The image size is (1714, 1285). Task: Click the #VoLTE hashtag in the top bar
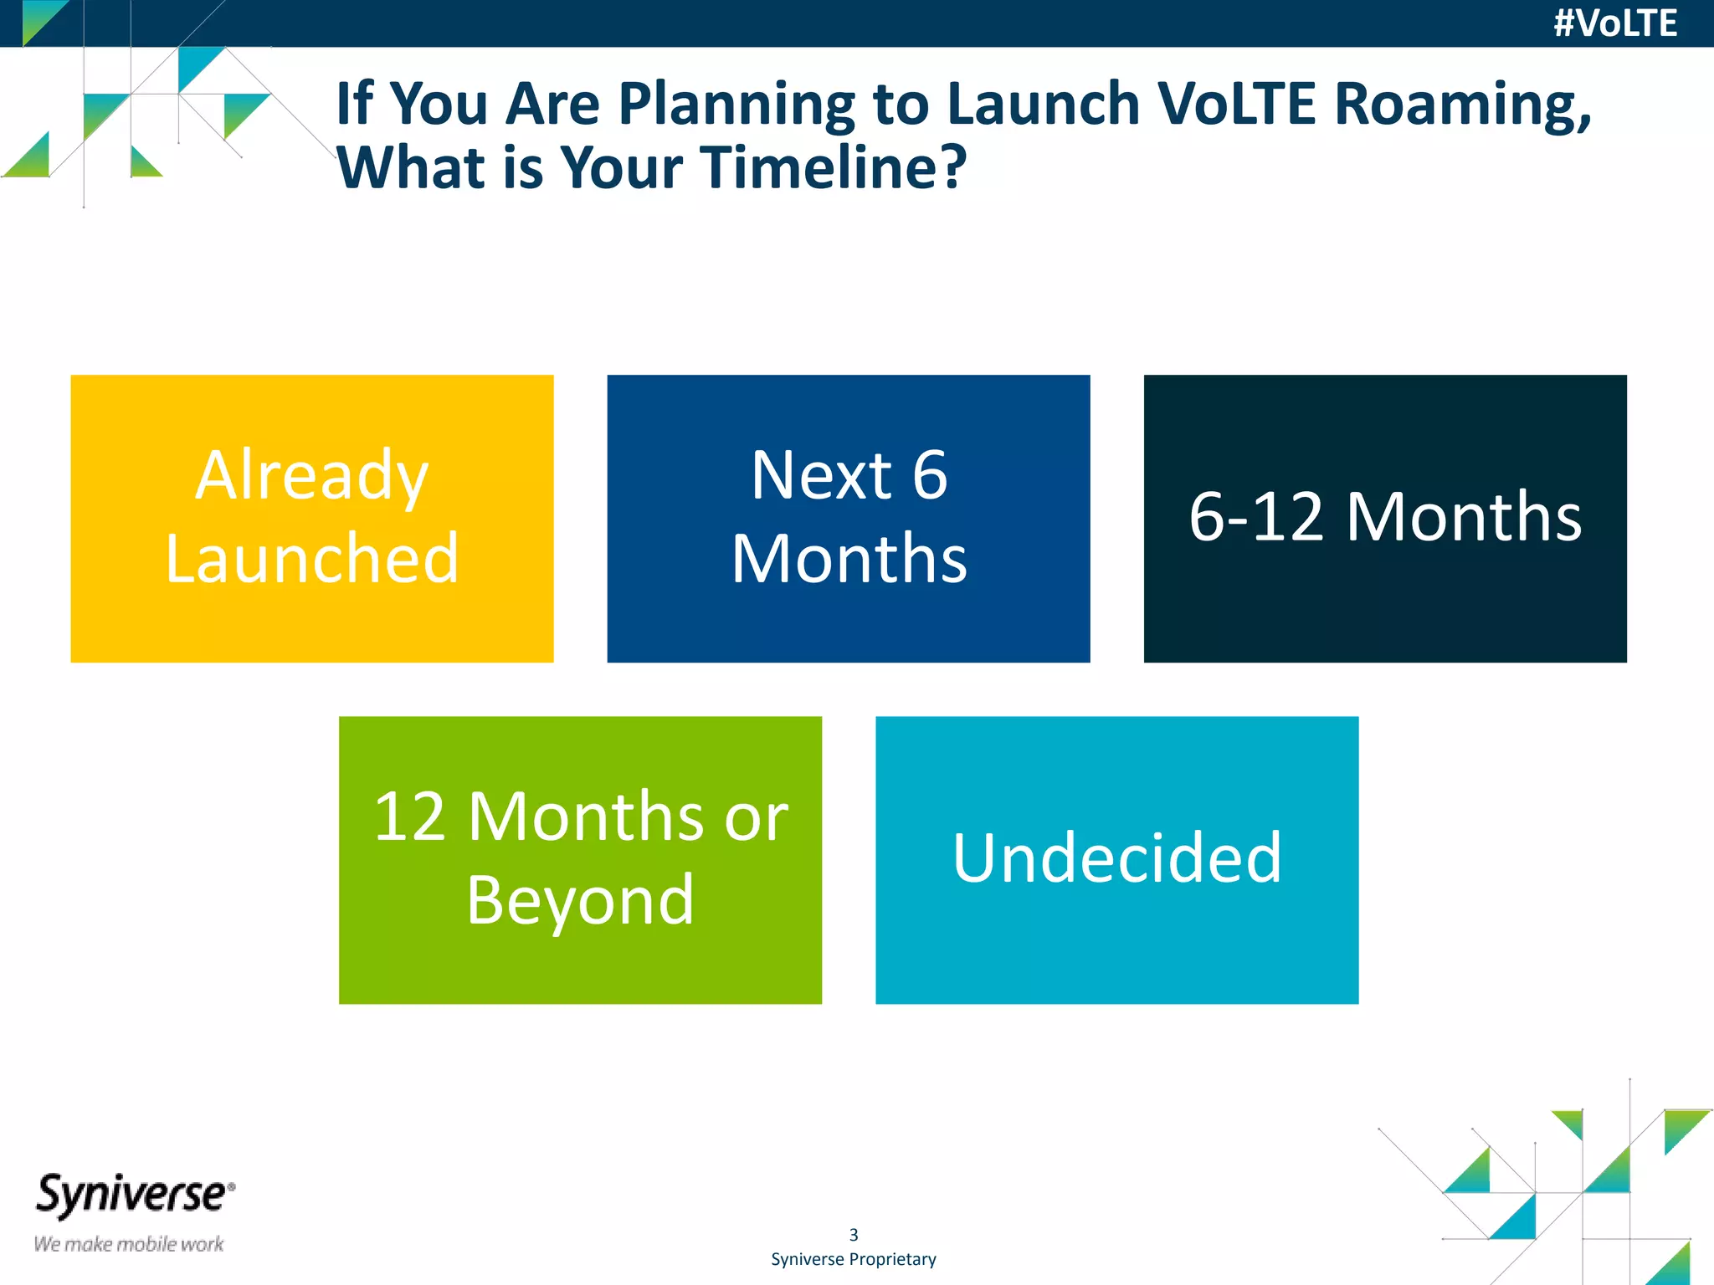(1614, 23)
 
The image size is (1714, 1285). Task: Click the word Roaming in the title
(1462, 105)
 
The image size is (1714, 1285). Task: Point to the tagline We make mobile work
(128, 1244)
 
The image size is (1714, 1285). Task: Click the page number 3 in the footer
(854, 1235)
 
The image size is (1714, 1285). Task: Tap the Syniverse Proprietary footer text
(853, 1259)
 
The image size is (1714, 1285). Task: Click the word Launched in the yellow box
(311, 558)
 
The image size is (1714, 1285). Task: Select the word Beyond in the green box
(580, 900)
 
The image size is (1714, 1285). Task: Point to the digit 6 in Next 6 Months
(929, 475)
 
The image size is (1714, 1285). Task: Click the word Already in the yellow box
(311, 475)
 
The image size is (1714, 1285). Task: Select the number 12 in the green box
(409, 817)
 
